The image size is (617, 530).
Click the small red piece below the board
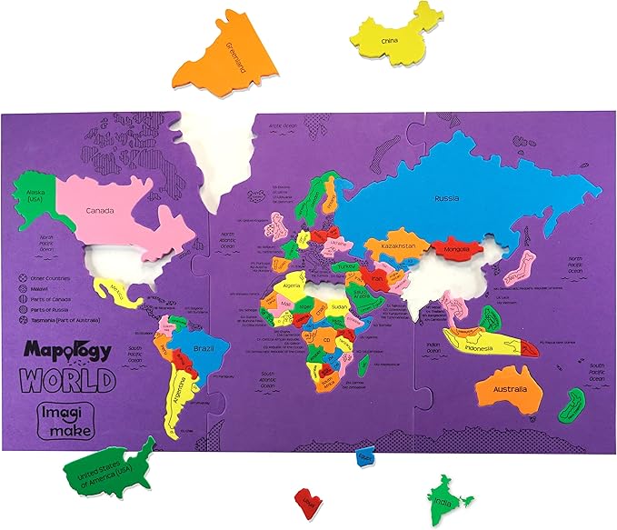click(306, 501)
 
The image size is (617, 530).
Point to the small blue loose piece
click(365, 455)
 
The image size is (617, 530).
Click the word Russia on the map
click(446, 198)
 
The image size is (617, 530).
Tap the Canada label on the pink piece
click(100, 211)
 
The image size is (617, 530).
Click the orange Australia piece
click(509, 392)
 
